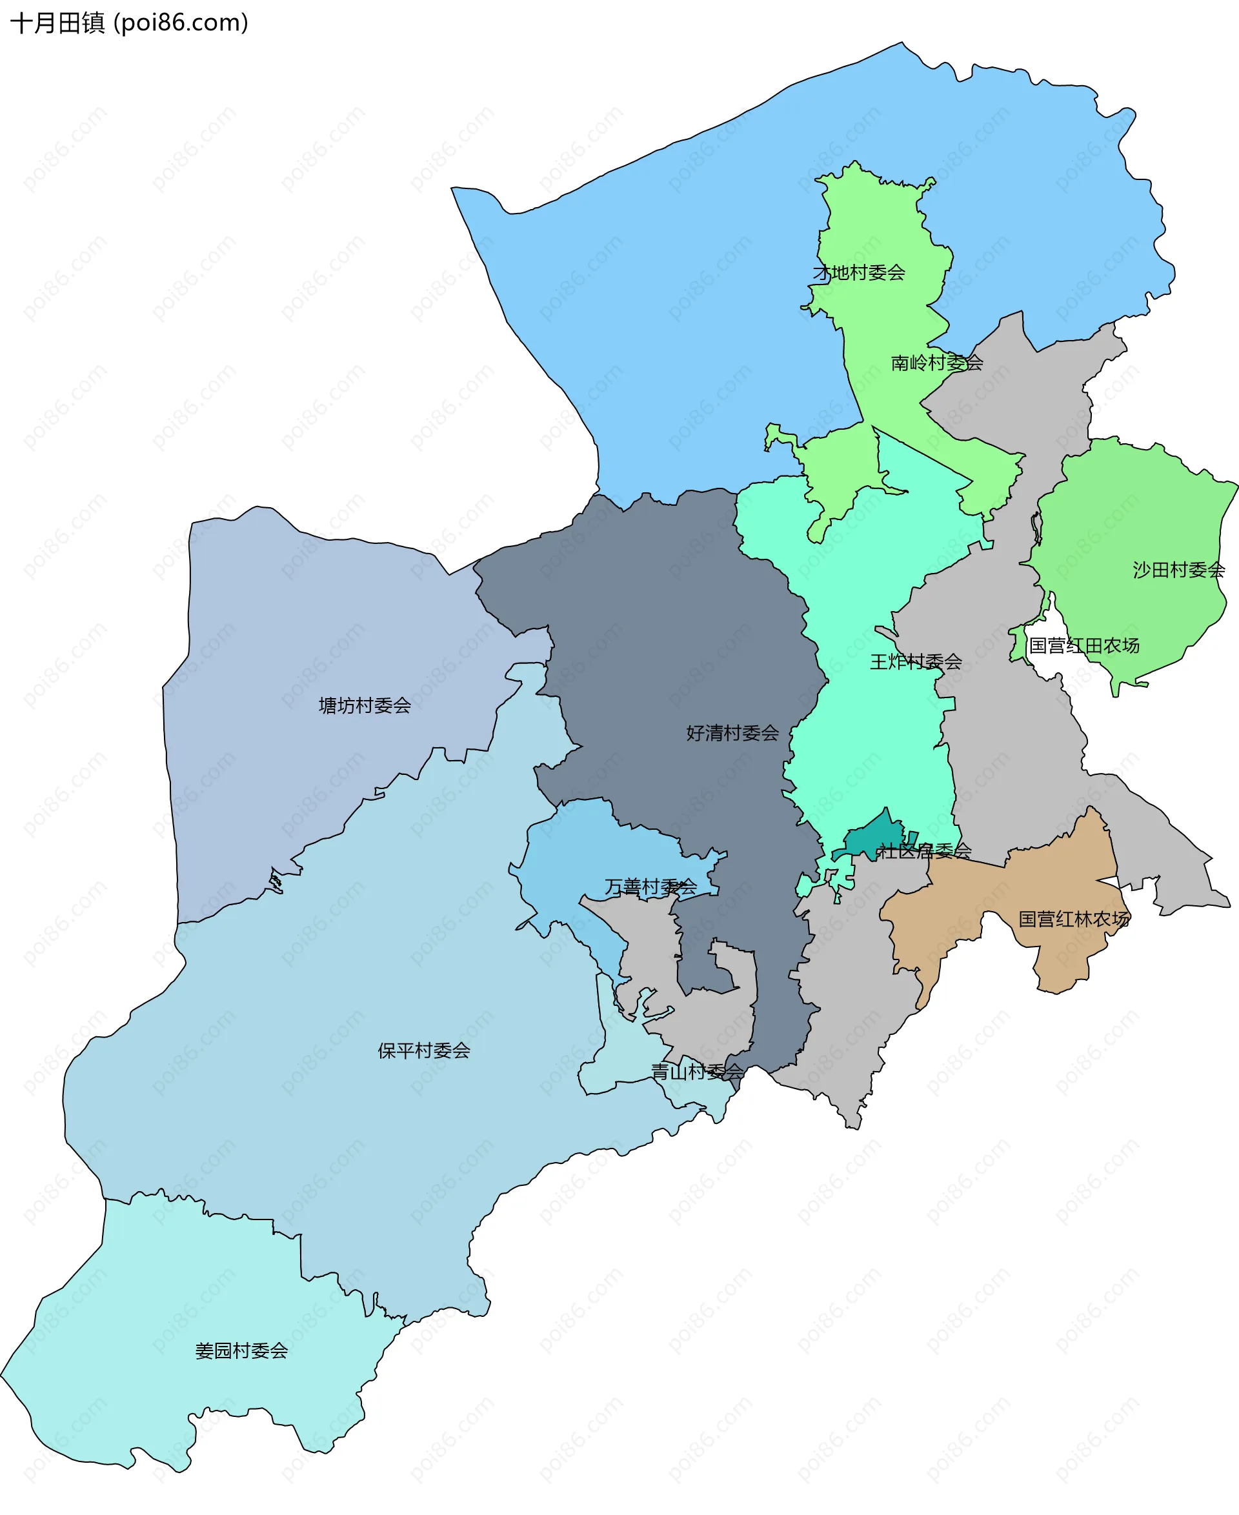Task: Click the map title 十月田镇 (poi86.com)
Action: [x=129, y=23]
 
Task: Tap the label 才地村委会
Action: [x=859, y=272]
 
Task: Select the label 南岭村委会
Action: [x=936, y=363]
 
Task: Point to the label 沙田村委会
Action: [x=1178, y=570]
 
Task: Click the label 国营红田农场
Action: [x=1083, y=646]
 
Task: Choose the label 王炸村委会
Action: [x=915, y=662]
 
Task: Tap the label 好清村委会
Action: [x=732, y=734]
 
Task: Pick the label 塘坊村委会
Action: [x=365, y=707]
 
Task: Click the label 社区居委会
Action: [x=923, y=851]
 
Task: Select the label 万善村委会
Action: [x=650, y=887]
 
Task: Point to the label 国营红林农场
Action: [x=1073, y=919]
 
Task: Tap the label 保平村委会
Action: [x=424, y=1051]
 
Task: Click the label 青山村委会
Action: [x=696, y=1072]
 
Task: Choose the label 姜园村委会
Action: [x=241, y=1351]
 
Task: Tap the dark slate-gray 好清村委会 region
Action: [x=678, y=642]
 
